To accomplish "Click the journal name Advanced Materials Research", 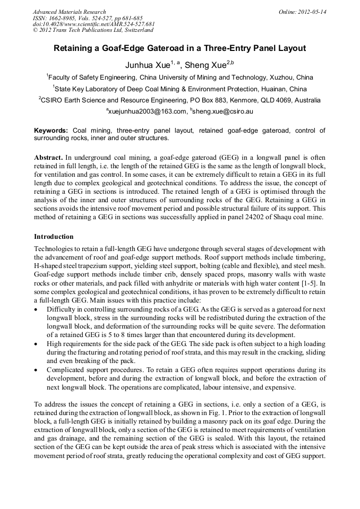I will coord(69,12).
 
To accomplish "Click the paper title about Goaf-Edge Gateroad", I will coord(179,48).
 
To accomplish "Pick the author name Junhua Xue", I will coord(147,65).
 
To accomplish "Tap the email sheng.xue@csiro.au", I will coord(222,111).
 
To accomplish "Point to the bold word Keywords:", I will coord(51,131).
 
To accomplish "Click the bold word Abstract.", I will coord(49,158).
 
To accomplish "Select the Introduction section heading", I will coord(54,236).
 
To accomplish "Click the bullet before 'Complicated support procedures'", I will coord(36,370).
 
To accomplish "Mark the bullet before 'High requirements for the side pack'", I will coord(36,344).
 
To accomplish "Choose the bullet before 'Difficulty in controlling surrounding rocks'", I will coord(36,309).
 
